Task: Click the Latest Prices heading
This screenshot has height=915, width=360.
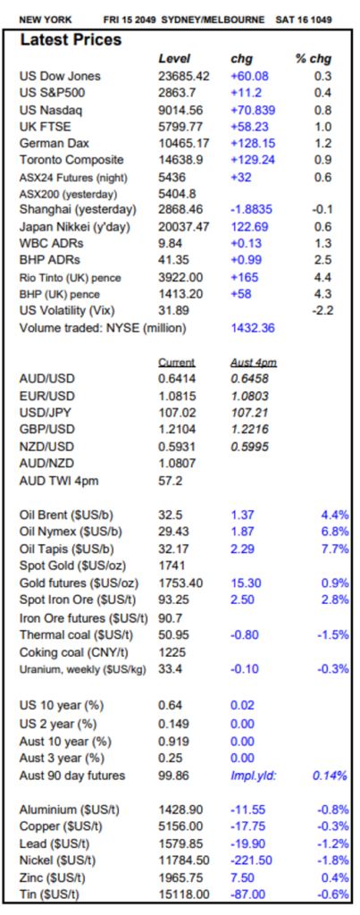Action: (x=71, y=39)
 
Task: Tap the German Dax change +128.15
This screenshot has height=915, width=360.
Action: (x=253, y=143)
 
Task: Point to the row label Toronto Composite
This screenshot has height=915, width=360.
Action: (x=71, y=160)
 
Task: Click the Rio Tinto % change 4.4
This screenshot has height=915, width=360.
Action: (x=323, y=277)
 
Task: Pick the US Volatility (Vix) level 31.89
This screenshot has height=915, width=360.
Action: (x=174, y=310)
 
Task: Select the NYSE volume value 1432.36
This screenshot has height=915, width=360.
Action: (x=253, y=328)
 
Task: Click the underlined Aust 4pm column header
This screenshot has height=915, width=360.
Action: (x=253, y=363)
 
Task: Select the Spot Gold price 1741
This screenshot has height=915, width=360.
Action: (x=172, y=566)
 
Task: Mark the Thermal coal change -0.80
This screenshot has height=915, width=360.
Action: (x=245, y=634)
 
